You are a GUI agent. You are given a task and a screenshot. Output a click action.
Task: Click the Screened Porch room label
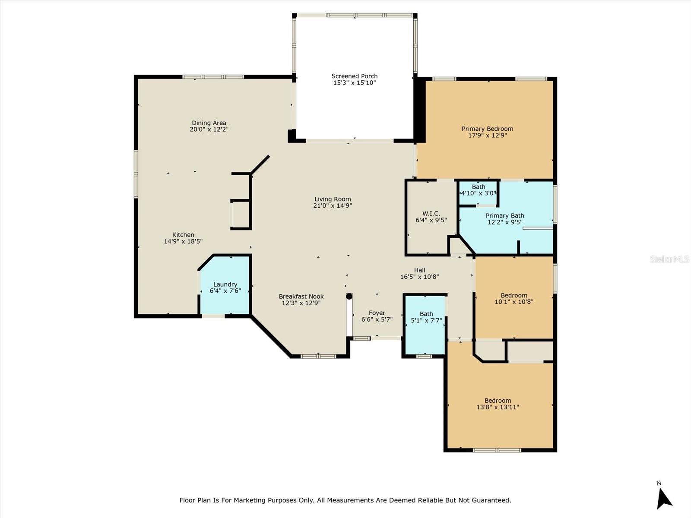355,76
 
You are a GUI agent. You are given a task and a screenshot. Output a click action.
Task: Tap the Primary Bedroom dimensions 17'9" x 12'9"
488,136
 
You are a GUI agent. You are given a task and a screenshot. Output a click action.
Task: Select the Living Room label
333,199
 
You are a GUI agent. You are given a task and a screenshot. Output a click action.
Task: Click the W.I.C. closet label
431,214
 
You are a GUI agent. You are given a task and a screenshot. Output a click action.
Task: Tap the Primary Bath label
505,216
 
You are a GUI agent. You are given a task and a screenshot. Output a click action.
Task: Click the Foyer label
377,313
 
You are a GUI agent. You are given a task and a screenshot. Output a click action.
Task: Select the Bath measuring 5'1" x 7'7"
425,325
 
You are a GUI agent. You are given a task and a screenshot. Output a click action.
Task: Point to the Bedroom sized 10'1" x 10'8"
514,298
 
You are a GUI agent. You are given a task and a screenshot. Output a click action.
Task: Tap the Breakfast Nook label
301,297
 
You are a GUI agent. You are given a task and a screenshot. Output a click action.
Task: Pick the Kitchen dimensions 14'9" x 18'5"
183,242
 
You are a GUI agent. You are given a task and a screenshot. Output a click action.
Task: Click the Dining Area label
209,123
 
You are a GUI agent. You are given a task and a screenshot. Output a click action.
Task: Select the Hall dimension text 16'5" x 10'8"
420,277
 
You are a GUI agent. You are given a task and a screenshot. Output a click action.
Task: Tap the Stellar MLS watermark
669,259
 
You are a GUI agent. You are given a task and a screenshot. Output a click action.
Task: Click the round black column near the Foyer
349,296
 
